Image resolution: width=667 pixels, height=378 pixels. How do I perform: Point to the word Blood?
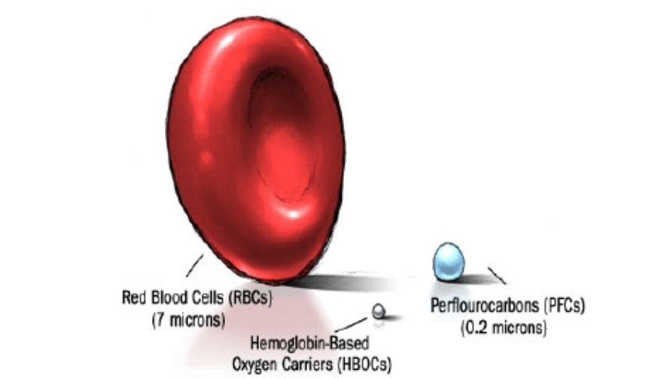tap(170, 297)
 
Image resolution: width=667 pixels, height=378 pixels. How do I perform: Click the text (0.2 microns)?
tap(504, 328)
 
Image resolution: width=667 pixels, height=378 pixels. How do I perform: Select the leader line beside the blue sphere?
tap(497, 275)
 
